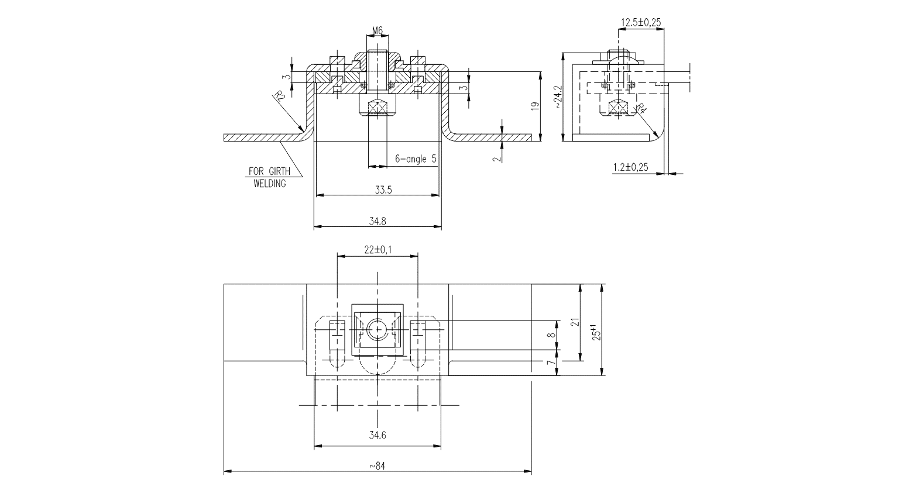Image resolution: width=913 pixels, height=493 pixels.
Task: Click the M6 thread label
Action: click(377, 30)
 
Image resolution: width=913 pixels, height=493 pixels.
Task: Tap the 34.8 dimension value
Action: click(378, 221)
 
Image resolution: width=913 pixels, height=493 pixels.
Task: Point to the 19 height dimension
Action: click(534, 106)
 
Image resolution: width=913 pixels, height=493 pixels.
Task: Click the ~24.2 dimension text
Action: click(558, 97)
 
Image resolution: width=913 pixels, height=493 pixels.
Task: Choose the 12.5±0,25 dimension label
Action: click(641, 23)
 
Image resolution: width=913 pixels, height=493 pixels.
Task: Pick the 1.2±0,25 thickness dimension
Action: click(630, 167)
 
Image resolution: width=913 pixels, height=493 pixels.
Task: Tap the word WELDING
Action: click(269, 184)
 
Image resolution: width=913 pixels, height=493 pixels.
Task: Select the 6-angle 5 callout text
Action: click(416, 158)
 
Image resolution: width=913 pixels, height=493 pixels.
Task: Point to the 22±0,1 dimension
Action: click(378, 250)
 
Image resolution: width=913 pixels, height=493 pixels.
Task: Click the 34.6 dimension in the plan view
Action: click(378, 436)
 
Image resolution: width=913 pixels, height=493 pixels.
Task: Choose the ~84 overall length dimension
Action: click(378, 466)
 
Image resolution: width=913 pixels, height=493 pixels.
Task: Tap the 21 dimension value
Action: click(575, 322)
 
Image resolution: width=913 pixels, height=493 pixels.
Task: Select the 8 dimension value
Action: click(550, 335)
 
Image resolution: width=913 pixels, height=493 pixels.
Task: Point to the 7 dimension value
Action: click(550, 363)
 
